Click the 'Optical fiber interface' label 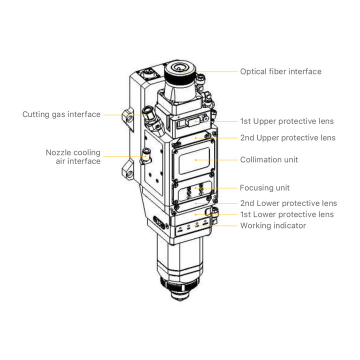[x=280, y=71]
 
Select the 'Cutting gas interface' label [x=61, y=114]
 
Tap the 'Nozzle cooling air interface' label [x=73, y=156]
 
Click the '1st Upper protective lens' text [x=286, y=121]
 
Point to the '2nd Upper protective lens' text [x=287, y=137]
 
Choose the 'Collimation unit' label [x=268, y=160]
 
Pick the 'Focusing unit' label [x=264, y=188]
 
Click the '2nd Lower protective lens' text [x=288, y=203]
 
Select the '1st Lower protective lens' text [x=286, y=214]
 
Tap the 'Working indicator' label [x=273, y=225]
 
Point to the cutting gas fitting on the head [x=148, y=112]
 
